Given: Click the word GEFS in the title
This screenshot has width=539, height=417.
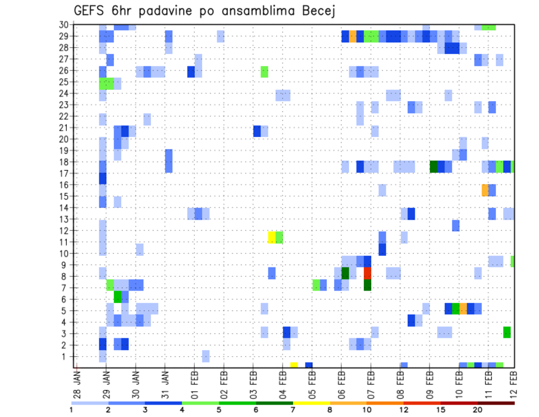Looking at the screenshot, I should [90, 11].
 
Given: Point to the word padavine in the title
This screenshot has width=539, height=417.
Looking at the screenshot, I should [169, 11].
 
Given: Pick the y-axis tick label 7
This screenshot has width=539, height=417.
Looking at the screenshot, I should [66, 288].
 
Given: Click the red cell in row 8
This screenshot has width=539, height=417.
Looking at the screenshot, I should [367, 273].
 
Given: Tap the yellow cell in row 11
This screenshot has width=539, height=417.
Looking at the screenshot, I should [272, 237].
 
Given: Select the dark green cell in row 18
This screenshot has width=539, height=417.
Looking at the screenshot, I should [433, 167].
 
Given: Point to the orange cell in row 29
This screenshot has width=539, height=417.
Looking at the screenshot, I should [353, 37].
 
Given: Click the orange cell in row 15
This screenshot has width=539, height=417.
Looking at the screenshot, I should [485, 190].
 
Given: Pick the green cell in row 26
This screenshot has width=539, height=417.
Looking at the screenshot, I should [264, 71].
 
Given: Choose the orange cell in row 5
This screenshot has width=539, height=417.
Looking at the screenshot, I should [463, 309].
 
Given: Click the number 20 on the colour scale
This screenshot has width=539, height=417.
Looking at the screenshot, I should [477, 410].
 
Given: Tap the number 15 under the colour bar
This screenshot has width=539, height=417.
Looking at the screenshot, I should [441, 410].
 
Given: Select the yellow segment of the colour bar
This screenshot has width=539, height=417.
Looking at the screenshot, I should [311, 402].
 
